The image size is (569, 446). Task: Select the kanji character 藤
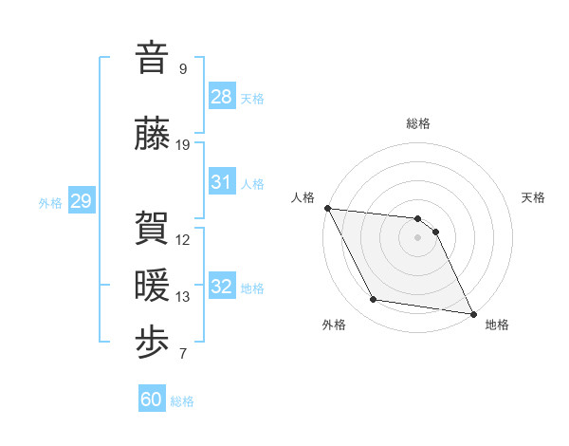152,134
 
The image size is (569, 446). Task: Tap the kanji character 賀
152,228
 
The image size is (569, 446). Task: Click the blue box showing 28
222,97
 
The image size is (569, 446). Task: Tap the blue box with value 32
222,287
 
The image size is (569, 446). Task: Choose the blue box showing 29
81,201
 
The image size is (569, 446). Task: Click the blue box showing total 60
152,400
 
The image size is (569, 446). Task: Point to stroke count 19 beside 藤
183,145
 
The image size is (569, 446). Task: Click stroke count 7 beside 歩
183,355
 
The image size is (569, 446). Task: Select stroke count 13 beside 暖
183,297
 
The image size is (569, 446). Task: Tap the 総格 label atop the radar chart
418,123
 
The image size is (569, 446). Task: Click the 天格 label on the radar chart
534,197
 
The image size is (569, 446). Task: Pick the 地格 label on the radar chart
497,325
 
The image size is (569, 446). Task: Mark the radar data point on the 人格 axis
327,208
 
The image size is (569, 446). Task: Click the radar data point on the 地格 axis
472,312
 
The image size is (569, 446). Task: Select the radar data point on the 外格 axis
373,300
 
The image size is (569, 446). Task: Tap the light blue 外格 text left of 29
50,202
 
